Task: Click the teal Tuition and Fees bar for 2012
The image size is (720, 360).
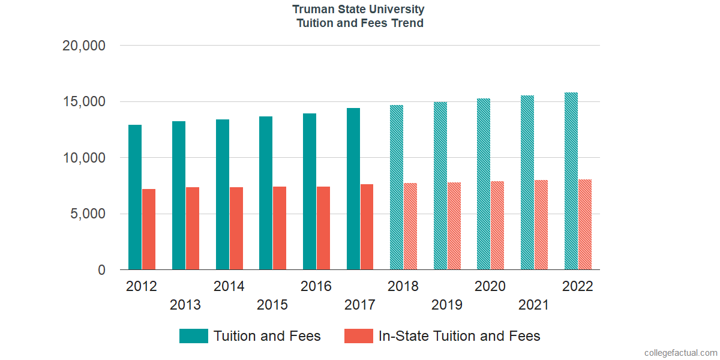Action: pos(135,197)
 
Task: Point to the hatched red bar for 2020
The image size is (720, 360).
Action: pos(497,226)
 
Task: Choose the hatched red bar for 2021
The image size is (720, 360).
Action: pos(541,225)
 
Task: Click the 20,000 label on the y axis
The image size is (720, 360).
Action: pos(84,46)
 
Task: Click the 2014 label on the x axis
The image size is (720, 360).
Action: pos(229,286)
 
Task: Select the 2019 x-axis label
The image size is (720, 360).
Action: pos(446,305)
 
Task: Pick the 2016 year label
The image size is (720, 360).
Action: pos(316,286)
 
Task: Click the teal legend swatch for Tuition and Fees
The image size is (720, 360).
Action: pos(193,336)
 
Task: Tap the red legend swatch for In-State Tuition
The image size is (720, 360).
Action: pos(358,336)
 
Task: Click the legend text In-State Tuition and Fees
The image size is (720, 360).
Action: pos(459,336)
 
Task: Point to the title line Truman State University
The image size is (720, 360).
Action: pos(359,10)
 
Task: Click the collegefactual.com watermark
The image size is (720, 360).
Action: pos(680,353)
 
